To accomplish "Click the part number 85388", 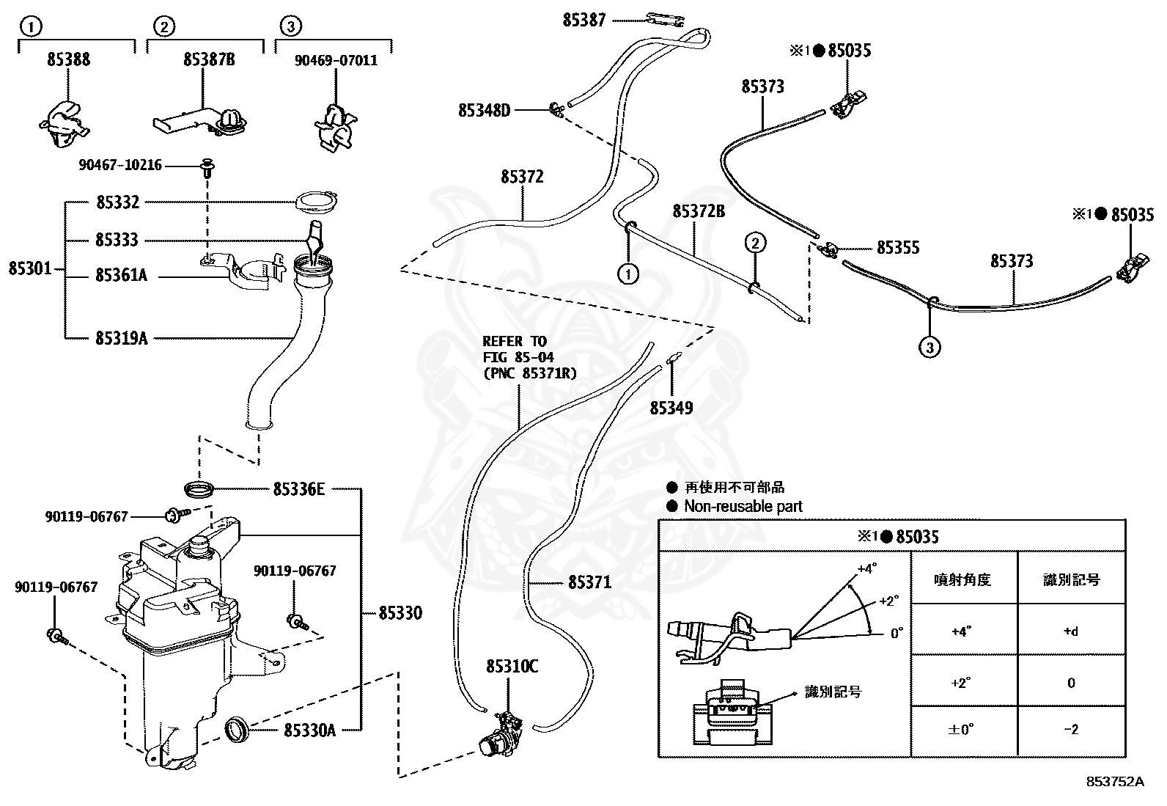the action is (x=68, y=59).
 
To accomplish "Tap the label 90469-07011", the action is (x=336, y=60).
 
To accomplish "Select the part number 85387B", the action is (x=209, y=59).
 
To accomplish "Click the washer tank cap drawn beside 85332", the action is (x=316, y=201).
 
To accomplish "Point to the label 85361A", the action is (x=122, y=275).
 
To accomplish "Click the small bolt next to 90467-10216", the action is (x=208, y=166).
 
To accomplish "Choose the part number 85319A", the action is (x=122, y=338).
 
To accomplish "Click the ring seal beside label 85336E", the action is (x=199, y=490).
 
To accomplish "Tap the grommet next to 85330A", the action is (x=237, y=729).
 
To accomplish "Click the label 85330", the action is (x=400, y=612).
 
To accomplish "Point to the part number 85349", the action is (x=671, y=408).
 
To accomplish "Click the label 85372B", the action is (x=699, y=211).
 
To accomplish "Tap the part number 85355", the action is (x=898, y=247).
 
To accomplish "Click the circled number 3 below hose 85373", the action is (x=930, y=347).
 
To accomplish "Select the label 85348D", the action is (x=484, y=111).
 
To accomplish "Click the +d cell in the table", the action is (x=1071, y=631).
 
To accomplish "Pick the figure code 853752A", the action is (x=1115, y=782).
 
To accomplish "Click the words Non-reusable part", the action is (x=743, y=506).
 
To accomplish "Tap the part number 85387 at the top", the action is (x=584, y=21).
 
